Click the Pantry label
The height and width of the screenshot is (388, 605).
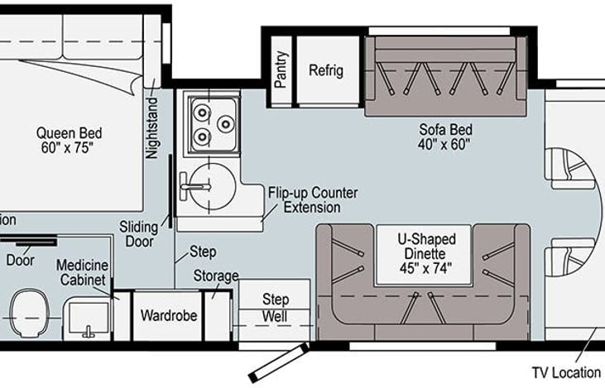(281, 69)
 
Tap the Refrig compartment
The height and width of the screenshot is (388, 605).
(328, 69)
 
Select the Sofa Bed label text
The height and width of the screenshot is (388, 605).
(445, 130)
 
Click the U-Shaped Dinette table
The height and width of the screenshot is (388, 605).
(424, 255)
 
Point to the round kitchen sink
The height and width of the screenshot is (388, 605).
(213, 187)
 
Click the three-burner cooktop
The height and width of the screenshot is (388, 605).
(213, 124)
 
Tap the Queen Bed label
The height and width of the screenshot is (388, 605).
(69, 133)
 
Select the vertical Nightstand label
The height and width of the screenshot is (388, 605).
(151, 127)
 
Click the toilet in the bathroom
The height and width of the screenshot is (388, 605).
(28, 313)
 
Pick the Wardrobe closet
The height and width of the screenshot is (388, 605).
(168, 316)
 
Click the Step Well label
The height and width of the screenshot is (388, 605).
(275, 308)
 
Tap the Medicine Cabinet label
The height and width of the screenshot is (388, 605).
(82, 272)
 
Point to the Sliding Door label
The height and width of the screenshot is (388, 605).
(139, 234)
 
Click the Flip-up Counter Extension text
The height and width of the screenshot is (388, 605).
(313, 199)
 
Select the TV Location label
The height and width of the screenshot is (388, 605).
(566, 372)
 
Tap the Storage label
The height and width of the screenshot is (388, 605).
(216, 275)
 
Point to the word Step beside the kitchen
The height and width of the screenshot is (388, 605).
(203, 252)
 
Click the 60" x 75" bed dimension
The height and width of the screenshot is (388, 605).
(68, 148)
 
